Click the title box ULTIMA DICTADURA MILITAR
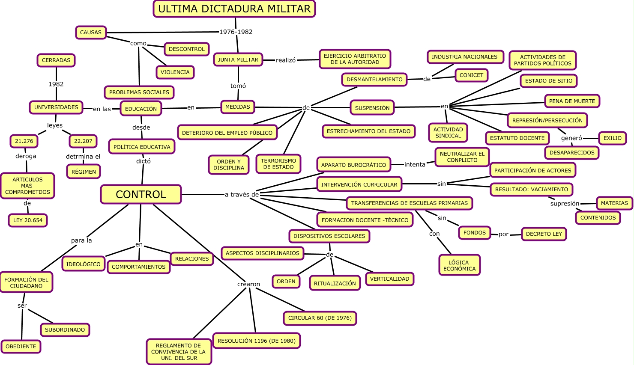pos(234,9)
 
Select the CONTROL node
pos(141,194)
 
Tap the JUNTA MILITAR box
pos(238,60)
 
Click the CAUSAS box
pos(91,33)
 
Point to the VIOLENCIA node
pos(175,72)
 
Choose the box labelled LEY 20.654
pos(28,220)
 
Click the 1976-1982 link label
pos(236,32)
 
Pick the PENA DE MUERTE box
pos(572,101)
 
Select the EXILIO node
pos(612,138)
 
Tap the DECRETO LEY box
pos(544,234)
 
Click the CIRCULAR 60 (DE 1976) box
pos(320,318)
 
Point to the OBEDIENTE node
pos(21,347)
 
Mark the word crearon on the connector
pos(248,284)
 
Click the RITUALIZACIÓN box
pos(335,283)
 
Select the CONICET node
pos(471,75)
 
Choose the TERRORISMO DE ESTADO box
pos(278,164)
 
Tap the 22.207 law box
pos(83,141)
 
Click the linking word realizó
pos(286,60)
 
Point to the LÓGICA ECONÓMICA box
pos(459,266)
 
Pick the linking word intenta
pos(415,164)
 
